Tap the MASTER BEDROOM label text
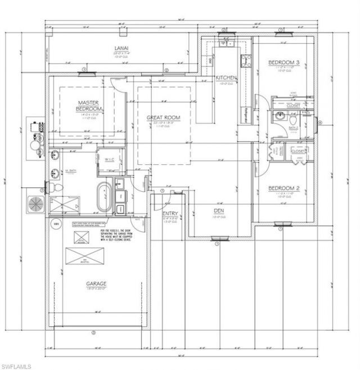pyautogui.click(x=89, y=105)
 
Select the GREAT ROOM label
pyautogui.click(x=163, y=118)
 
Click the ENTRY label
pyautogui.click(x=170, y=214)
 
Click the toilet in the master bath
pyautogui.click(x=50, y=187)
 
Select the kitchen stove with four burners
pyautogui.click(x=246, y=60)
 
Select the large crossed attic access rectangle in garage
pyautogui.click(x=82, y=257)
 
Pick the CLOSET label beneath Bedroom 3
pyautogui.click(x=293, y=105)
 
